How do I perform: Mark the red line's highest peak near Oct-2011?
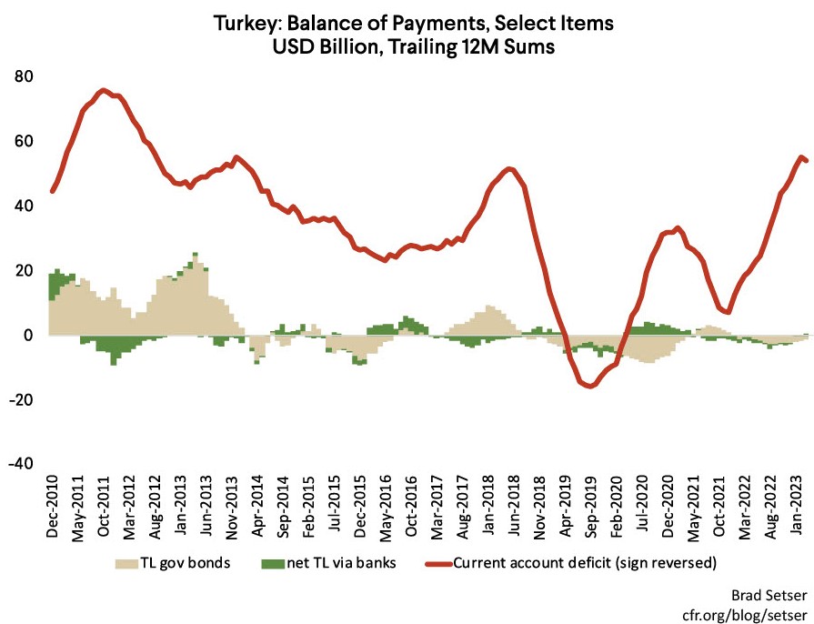pyautogui.click(x=104, y=90)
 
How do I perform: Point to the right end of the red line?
pyautogui.click(x=807, y=161)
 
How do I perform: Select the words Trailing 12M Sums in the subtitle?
pyautogui.click(x=481, y=44)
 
